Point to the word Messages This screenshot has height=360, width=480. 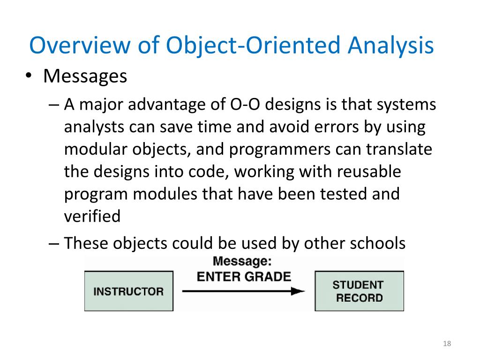click(85, 76)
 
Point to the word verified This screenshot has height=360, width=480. click(92, 216)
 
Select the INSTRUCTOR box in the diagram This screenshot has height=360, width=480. click(128, 291)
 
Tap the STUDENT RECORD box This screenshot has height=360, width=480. click(359, 291)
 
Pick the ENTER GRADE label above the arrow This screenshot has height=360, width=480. click(244, 276)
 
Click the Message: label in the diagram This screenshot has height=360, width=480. click(242, 262)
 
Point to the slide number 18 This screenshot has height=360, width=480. click(446, 345)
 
